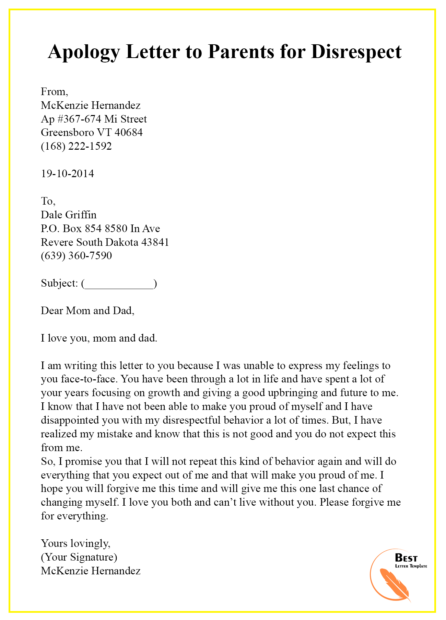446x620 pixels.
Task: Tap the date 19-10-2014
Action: coord(67,173)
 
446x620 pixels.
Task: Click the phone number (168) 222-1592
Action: coord(76,146)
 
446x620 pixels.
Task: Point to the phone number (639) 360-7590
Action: coord(76,256)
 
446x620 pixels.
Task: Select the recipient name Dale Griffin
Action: coord(69,215)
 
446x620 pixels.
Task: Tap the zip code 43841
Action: coord(155,242)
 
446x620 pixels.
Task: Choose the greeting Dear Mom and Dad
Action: coord(87,311)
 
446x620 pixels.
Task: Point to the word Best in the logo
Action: coord(406,558)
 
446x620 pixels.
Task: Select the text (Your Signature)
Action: coord(79,557)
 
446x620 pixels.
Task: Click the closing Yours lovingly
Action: coord(75,543)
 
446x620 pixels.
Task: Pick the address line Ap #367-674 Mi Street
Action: coord(94,119)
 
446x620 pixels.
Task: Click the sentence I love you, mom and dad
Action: coord(99,338)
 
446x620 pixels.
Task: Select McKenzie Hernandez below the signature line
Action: coord(91,571)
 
